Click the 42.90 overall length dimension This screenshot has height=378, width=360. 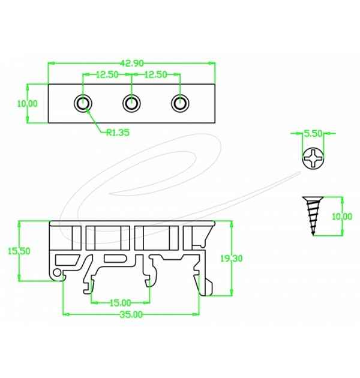coord(131,62)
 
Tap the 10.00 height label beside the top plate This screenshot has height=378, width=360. coord(28,103)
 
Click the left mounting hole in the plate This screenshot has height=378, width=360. coord(83,103)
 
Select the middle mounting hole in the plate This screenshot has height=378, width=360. coord(131,103)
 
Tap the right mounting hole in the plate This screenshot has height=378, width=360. coord(178,103)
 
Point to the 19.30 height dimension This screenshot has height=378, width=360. coord(231,259)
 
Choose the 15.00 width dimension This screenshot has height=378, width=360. coord(119,302)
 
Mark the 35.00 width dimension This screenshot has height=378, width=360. coord(131,314)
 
